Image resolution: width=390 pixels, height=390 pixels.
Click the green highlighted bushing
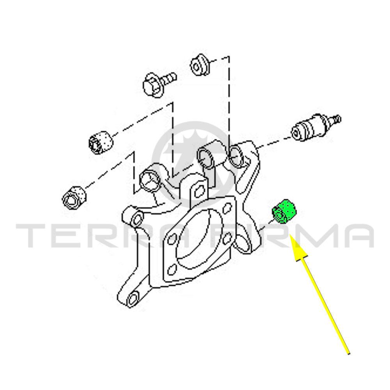(284, 212)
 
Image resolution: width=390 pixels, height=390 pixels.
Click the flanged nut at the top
(199, 64)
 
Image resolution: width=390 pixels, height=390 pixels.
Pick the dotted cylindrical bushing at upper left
(101, 142)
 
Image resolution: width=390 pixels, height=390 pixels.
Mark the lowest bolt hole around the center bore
(171, 269)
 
